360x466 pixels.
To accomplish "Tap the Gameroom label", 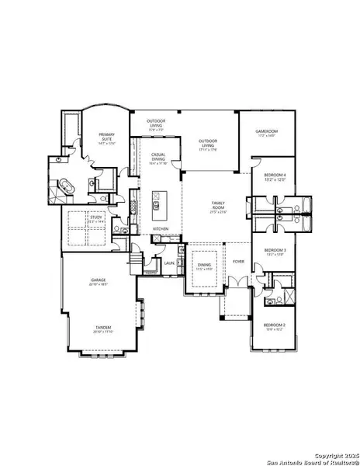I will coord(266,133).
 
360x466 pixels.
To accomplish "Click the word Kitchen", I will coord(161,229).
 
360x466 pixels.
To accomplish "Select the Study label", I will coord(96,218).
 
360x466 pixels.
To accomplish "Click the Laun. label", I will coord(169,263).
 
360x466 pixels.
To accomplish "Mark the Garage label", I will coord(99,280).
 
